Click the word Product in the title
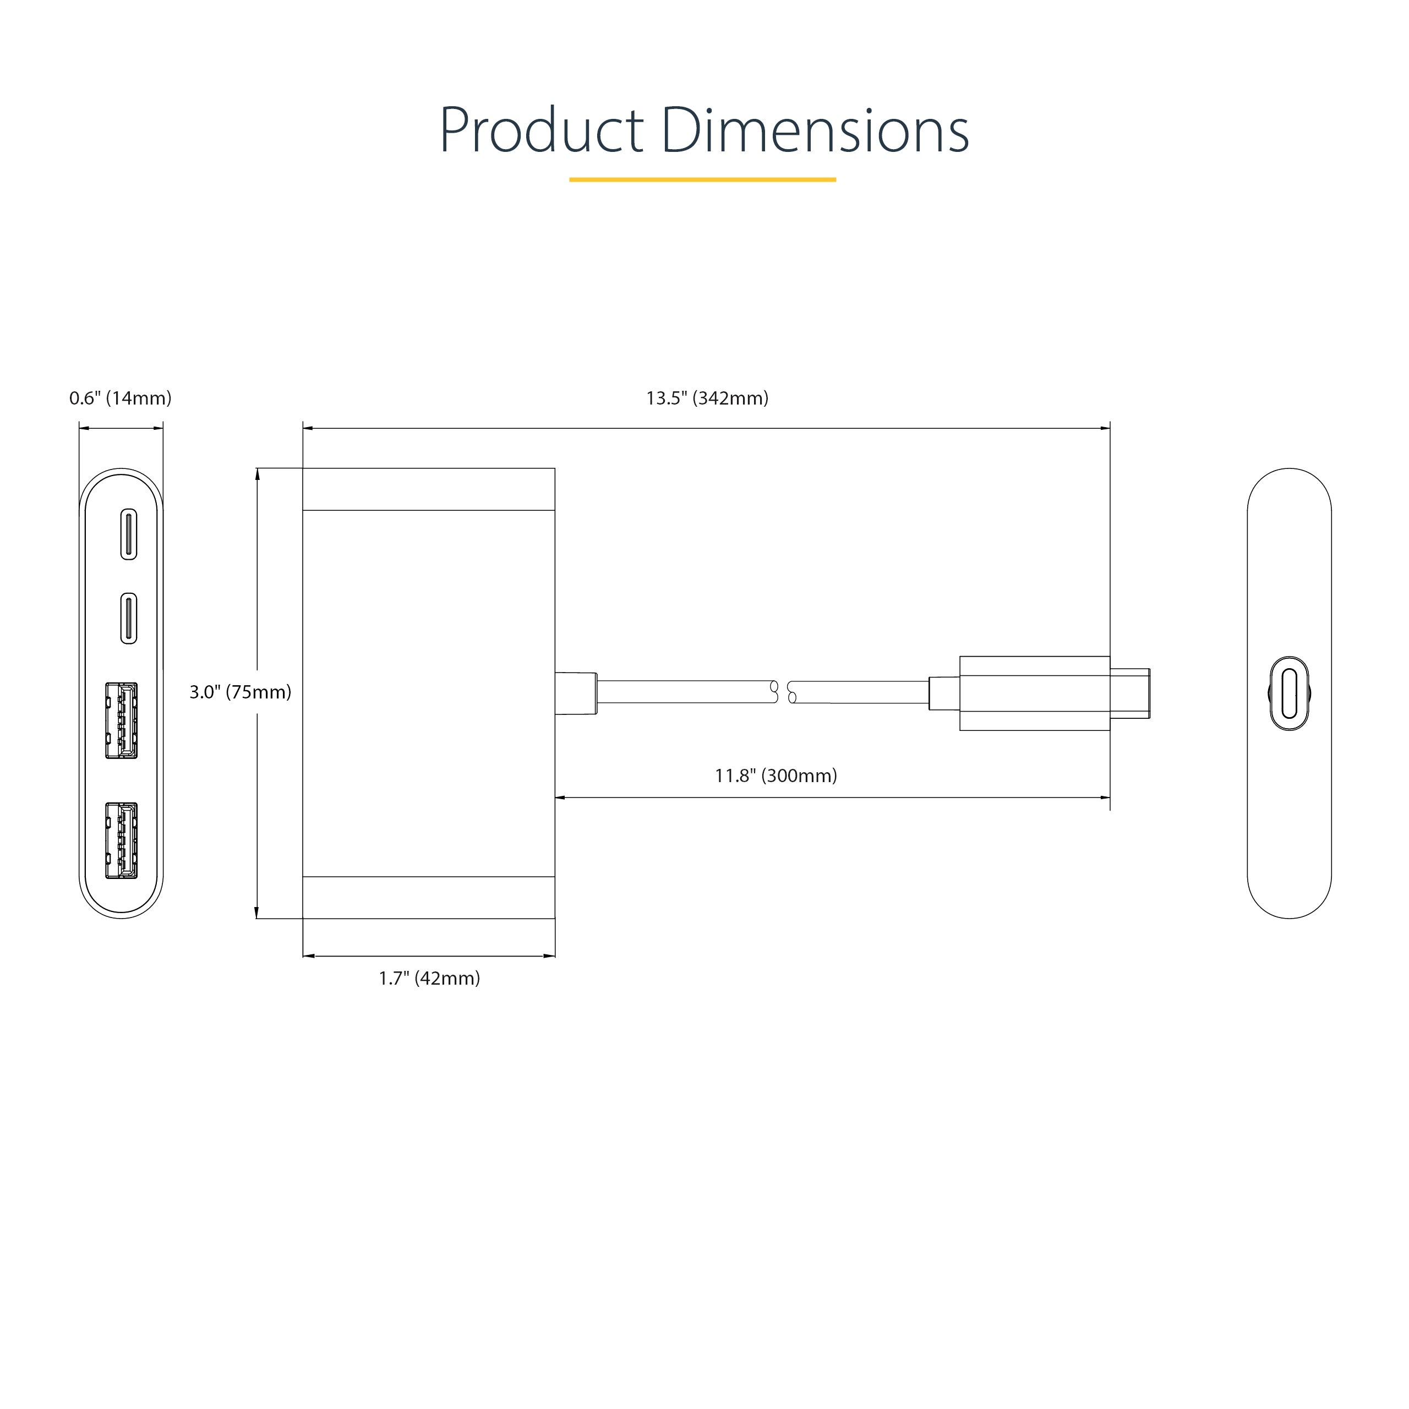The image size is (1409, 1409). point(541,132)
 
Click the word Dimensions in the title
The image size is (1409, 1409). point(815,132)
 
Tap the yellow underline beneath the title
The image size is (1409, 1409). point(702,179)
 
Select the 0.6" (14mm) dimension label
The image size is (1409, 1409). point(121,398)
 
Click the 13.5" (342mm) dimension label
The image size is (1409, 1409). point(707,398)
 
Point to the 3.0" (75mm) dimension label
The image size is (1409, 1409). point(240,692)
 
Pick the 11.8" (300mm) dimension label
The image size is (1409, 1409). point(776,776)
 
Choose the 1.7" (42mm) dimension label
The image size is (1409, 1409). point(429,979)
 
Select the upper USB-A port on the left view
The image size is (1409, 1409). point(122,720)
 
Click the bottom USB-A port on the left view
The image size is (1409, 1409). point(122,840)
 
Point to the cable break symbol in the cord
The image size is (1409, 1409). point(783,692)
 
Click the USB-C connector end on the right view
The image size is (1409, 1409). point(1288,693)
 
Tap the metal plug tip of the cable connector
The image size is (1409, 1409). point(1130,693)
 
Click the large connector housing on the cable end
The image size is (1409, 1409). point(1034,693)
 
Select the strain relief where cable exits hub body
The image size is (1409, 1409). point(576,693)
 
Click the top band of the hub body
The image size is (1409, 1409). point(429,489)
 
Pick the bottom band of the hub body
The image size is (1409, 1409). point(429,897)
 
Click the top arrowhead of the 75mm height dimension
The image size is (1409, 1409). point(256,474)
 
